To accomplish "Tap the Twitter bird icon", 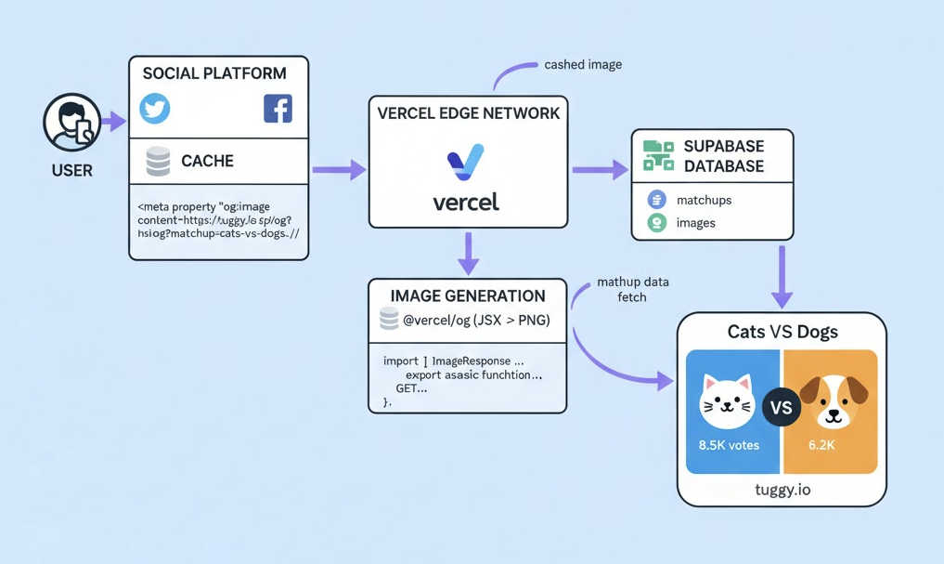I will point(155,109).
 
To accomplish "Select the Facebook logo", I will point(278,109).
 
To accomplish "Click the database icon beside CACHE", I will point(159,162).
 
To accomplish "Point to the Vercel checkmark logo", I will point(466,163).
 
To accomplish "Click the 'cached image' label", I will point(583,65).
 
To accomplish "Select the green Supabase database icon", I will point(658,155).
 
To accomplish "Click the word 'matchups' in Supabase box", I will point(704,200).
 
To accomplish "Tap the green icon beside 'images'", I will point(657,223).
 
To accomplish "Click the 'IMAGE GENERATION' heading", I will point(468,296).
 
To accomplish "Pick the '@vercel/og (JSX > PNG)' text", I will point(476,321).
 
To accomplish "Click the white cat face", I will point(726,401).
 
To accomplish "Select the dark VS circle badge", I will point(782,407).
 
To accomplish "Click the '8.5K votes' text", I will point(729,445).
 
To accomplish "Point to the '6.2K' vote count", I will point(821,445).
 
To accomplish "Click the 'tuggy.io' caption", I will point(782,489).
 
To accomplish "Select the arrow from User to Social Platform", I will point(113,121).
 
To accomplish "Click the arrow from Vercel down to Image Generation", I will point(469,253).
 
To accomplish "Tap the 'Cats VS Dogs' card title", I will point(782,332).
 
